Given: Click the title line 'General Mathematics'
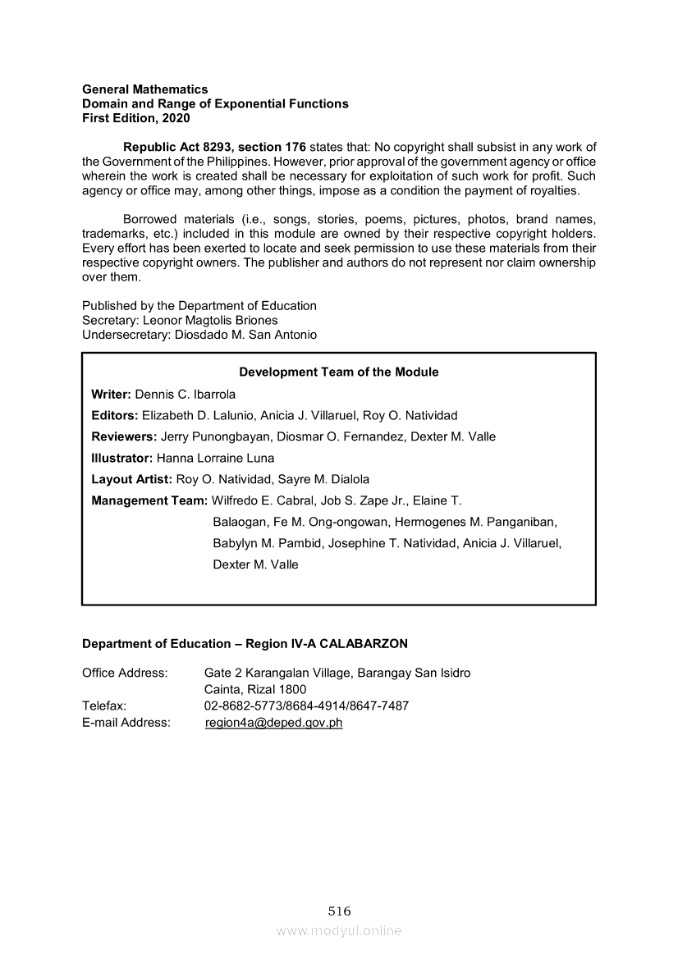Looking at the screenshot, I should (x=144, y=89).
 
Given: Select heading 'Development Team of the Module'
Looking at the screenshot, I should (x=339, y=372).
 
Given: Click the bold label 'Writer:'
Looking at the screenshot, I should (x=111, y=394).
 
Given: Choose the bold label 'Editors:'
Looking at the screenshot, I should (x=115, y=415).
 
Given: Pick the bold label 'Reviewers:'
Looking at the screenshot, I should (x=124, y=436).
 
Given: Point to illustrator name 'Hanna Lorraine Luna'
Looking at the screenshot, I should (x=215, y=458).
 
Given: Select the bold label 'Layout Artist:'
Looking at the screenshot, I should (x=131, y=479).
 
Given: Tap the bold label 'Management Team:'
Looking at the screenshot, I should (x=149, y=500).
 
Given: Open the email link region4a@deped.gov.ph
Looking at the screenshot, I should (x=273, y=723).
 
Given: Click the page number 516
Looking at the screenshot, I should (x=339, y=911).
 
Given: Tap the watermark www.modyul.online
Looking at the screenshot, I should (x=339, y=930).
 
